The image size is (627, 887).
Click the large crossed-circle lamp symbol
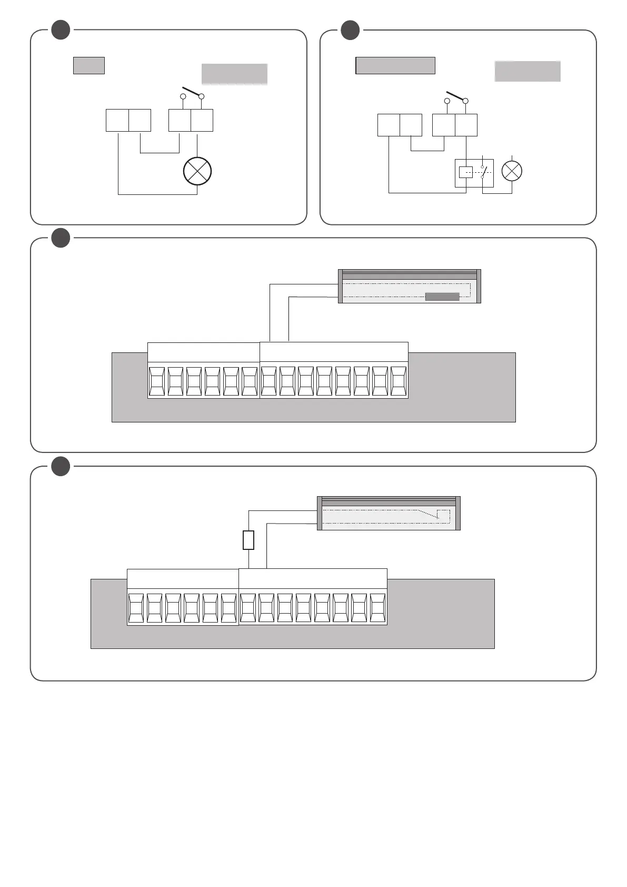click(x=197, y=171)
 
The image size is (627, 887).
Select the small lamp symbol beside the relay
click(x=512, y=171)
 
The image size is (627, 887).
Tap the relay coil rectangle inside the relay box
click(x=466, y=172)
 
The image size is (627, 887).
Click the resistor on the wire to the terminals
click(x=248, y=540)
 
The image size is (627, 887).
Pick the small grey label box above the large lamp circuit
click(x=89, y=65)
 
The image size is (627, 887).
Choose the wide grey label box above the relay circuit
click(x=395, y=66)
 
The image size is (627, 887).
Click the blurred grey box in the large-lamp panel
click(x=234, y=74)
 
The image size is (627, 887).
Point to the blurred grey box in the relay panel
click(x=528, y=71)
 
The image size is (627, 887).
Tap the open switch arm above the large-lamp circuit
click(x=192, y=92)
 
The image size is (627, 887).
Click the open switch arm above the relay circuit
click(x=456, y=96)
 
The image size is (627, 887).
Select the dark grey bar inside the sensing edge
click(x=442, y=297)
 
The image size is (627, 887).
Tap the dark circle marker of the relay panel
click(x=350, y=31)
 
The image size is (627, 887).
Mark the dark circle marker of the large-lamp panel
click(x=61, y=31)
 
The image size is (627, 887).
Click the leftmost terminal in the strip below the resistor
click(x=136, y=608)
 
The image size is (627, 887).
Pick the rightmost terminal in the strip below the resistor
click(x=378, y=608)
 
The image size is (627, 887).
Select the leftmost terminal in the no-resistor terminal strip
click(x=157, y=381)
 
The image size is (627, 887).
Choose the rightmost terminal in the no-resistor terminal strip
click(x=399, y=381)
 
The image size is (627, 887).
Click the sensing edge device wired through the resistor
click(x=389, y=514)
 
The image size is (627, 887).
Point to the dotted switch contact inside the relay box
click(x=483, y=172)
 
